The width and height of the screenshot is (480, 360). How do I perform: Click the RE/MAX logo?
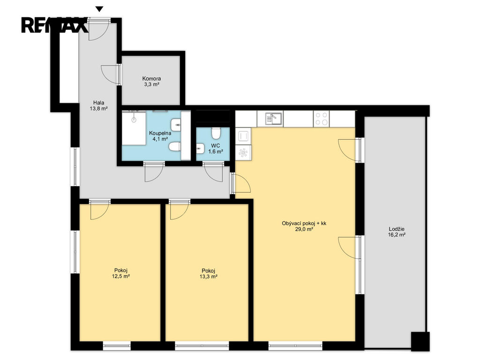point(54,25)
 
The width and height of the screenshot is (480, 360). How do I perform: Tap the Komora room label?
point(151,82)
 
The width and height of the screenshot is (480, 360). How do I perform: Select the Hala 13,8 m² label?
point(98,105)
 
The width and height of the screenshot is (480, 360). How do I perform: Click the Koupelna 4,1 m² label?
point(160,136)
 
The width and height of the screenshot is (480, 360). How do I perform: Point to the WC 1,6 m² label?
point(216,149)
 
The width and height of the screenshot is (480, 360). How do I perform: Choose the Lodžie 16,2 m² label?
point(397,232)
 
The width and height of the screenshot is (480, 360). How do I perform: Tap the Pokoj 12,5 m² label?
point(121,273)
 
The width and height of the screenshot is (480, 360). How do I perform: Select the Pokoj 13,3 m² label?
point(209,274)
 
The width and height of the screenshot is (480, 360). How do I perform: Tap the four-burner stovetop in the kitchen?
point(322,119)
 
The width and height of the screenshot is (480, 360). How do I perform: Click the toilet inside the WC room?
point(216,133)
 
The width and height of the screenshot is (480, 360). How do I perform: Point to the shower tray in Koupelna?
point(134,128)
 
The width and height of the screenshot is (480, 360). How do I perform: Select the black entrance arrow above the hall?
point(99,9)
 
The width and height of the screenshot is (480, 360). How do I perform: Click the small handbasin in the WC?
point(201,149)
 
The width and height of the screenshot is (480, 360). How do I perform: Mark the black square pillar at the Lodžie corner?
point(420,342)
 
